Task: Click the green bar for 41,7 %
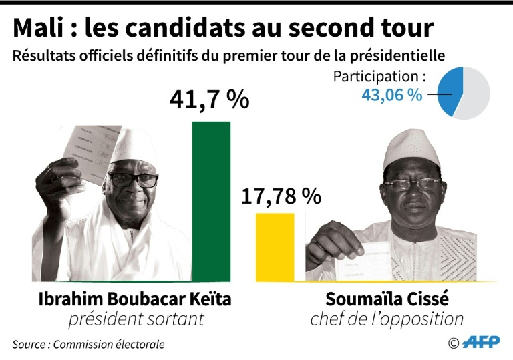211,200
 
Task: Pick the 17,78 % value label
281,196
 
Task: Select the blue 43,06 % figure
391,95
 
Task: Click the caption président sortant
136,319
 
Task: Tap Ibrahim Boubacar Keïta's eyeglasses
133,180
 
